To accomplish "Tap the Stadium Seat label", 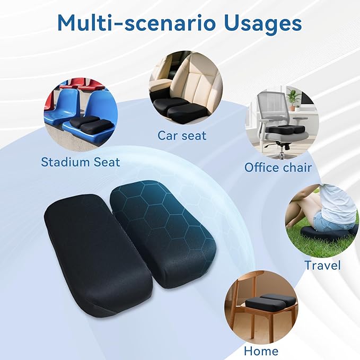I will tap(81, 162).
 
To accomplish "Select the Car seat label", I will tap(182, 135).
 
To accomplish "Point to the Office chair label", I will tap(278, 168).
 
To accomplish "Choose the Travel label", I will tap(322, 265).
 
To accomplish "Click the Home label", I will tap(261, 351).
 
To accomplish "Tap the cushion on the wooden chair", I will tap(270, 301).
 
